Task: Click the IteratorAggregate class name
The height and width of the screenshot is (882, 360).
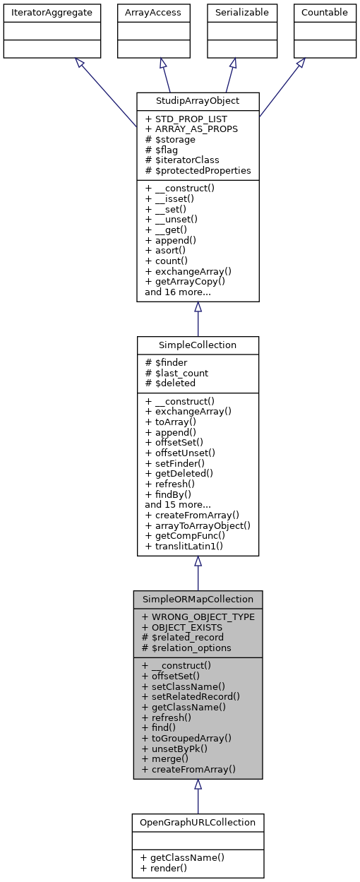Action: click(52, 12)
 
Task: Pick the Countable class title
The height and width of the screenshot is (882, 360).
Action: click(324, 12)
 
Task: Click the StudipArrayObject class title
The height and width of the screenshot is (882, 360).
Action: click(198, 100)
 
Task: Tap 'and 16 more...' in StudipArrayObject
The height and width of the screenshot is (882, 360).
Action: click(178, 292)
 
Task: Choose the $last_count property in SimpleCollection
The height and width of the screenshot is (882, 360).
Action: click(176, 373)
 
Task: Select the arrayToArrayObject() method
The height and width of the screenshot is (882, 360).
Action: click(198, 525)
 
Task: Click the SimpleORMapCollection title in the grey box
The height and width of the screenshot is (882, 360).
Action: click(198, 599)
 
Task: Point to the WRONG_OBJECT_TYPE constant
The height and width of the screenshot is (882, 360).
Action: click(198, 616)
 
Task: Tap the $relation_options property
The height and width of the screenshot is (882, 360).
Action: click(187, 648)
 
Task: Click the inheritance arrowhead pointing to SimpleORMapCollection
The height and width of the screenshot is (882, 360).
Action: click(198, 785)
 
